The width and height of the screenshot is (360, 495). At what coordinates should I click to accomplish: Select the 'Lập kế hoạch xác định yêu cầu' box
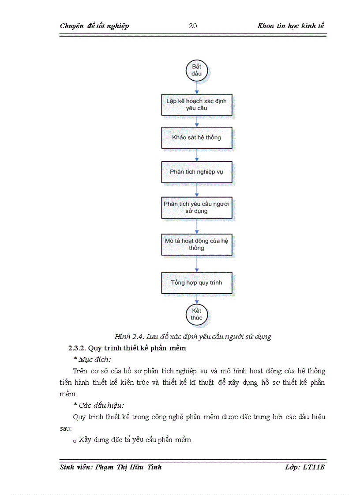[x=197, y=104]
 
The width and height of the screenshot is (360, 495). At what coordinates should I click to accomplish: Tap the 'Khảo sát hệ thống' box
[x=197, y=138]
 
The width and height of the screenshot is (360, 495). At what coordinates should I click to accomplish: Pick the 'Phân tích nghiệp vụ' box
[x=197, y=171]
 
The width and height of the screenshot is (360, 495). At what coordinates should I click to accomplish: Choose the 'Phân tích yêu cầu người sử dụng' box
[x=197, y=207]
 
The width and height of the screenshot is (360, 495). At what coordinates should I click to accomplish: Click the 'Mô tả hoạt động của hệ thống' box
[x=197, y=244]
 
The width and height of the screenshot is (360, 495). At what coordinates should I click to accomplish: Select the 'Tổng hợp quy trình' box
[x=197, y=283]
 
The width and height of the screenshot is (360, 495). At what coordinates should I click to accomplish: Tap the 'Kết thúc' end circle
[x=197, y=314]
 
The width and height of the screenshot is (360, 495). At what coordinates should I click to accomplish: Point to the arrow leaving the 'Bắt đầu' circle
[x=197, y=87]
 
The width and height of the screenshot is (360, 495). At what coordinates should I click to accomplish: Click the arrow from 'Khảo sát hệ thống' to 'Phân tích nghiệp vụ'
[x=197, y=154]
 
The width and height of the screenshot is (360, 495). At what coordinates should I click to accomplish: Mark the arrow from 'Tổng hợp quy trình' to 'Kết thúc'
[x=197, y=298]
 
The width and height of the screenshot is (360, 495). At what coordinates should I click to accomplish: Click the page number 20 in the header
[x=193, y=26]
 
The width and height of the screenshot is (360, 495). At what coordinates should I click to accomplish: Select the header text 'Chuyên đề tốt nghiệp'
[x=94, y=26]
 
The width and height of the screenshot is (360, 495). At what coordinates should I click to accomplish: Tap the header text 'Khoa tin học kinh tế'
[x=291, y=26]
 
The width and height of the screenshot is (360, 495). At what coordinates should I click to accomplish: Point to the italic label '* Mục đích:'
[x=92, y=360]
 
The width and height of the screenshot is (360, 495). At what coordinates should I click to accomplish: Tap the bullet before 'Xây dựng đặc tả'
[x=75, y=441]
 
